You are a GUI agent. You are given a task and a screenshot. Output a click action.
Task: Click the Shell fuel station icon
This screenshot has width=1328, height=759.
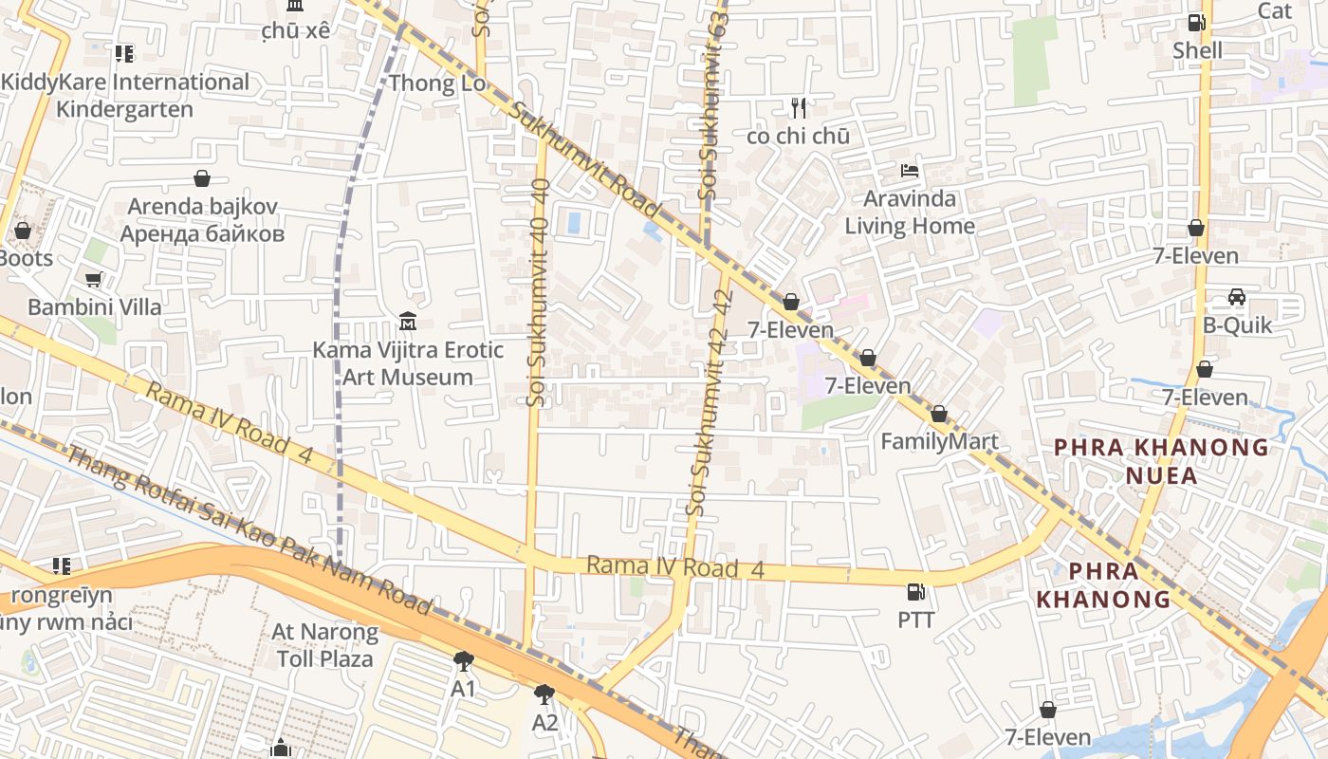tap(1197, 22)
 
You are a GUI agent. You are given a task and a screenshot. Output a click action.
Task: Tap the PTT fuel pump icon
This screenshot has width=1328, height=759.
tap(915, 592)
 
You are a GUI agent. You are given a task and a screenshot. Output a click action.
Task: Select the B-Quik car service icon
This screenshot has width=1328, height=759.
tap(1237, 297)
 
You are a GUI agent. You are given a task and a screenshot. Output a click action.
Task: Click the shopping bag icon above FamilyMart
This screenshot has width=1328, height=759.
tap(938, 414)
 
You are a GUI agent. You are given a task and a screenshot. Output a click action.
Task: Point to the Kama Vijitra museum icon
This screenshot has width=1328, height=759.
tap(408, 322)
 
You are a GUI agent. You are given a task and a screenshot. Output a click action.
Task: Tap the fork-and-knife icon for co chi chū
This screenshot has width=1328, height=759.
tap(799, 108)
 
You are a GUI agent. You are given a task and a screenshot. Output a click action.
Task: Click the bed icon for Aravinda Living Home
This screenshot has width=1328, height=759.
tap(909, 172)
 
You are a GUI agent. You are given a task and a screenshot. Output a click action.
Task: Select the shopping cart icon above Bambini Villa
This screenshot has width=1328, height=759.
tap(94, 279)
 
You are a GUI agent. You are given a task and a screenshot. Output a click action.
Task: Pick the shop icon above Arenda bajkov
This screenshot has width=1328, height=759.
tap(202, 178)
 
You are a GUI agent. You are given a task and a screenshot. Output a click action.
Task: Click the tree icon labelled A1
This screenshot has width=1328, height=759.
tap(463, 660)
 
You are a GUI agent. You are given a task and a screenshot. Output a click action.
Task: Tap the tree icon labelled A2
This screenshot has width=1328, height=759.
tap(544, 695)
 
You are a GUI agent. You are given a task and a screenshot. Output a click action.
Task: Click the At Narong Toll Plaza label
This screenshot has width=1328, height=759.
tap(324, 644)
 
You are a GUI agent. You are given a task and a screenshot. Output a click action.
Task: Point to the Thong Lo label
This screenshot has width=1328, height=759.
tap(437, 83)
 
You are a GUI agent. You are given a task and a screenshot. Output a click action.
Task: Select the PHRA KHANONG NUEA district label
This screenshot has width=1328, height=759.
tap(1161, 460)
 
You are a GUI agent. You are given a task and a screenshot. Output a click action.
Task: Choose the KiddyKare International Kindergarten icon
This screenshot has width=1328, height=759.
tap(123, 54)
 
